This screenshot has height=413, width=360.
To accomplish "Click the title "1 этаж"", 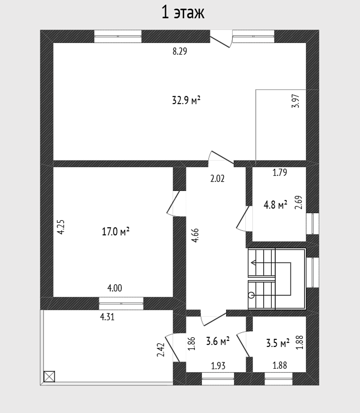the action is [183, 13].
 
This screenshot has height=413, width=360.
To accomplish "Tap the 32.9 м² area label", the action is [186, 100].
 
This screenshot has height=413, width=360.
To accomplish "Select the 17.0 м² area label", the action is [115, 232].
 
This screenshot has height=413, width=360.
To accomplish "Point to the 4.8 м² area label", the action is [275, 204].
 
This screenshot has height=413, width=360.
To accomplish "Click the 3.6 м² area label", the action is [218, 341].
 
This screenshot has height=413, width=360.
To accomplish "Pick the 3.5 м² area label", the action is [278, 343].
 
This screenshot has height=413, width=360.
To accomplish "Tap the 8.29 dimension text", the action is [180, 51].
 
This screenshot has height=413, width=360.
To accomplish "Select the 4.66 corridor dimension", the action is [195, 235].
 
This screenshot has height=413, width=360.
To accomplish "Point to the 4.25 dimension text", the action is [61, 227].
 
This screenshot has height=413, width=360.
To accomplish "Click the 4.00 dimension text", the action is [115, 288].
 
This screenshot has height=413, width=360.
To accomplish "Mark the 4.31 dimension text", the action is [107, 317].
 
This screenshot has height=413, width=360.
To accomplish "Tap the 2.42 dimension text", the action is [161, 350].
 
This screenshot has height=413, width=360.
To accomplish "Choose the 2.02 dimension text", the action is [217, 179].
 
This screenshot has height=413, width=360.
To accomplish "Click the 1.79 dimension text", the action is [279, 173].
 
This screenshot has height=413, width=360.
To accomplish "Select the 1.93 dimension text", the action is [218, 366].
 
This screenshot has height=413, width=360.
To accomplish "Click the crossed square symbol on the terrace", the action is [49, 376].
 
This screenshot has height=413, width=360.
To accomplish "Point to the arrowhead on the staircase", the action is [253, 263].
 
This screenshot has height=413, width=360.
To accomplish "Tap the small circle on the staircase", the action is [251, 295].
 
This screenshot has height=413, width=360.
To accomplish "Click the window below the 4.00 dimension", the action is [121, 303].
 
